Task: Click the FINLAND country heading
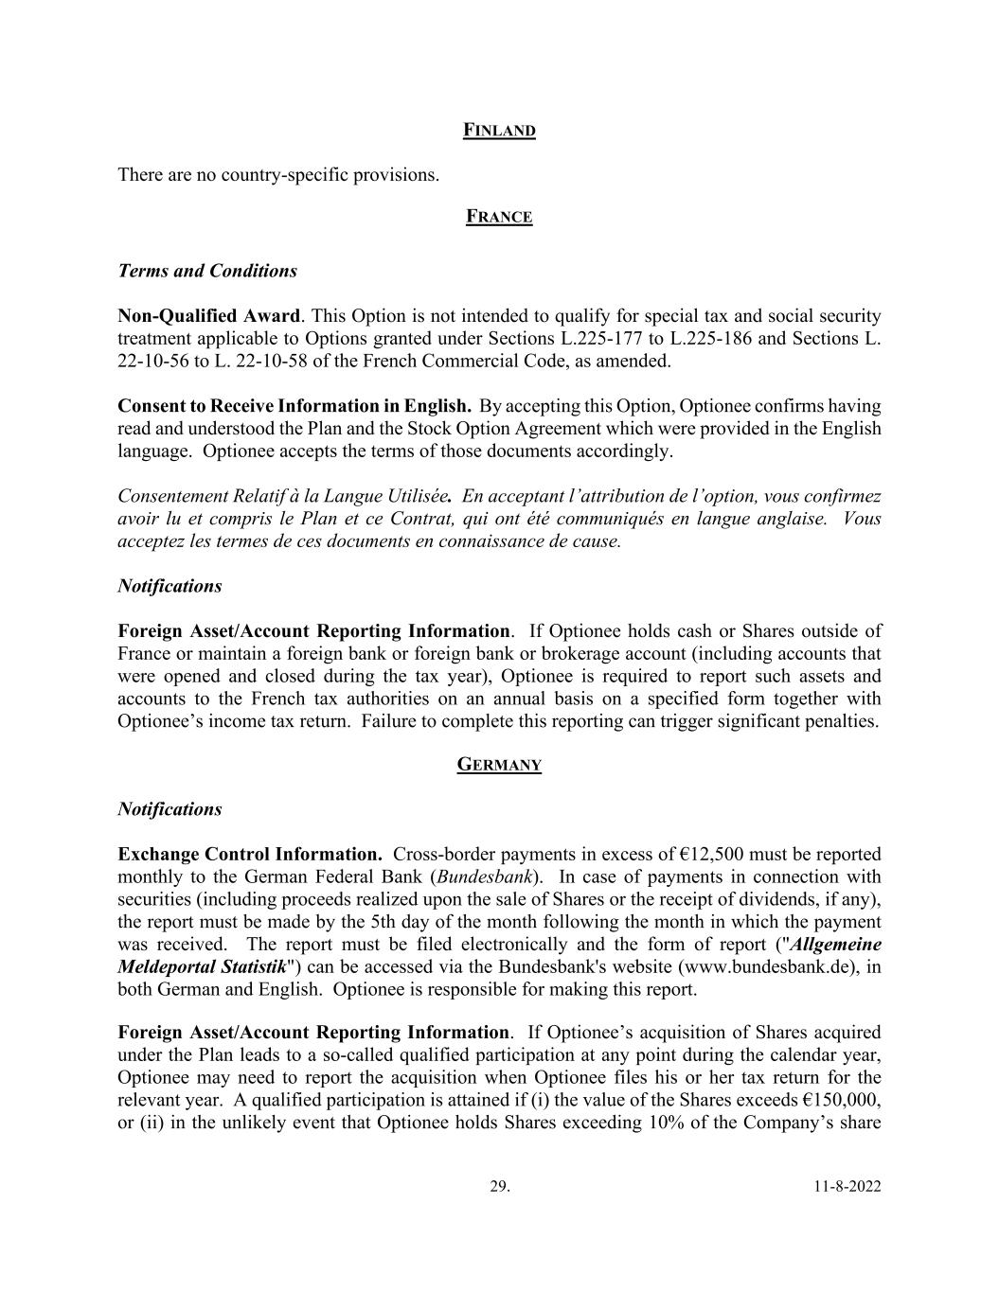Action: point(499,131)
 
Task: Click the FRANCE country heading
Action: point(499,218)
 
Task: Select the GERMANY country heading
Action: point(499,765)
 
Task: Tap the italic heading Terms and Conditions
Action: point(207,271)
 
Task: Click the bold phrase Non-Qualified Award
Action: point(208,316)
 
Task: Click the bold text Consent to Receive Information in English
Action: point(294,406)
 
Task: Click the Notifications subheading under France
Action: point(169,586)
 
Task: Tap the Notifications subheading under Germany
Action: point(169,809)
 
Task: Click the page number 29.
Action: point(499,1186)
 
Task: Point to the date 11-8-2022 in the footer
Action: point(847,1186)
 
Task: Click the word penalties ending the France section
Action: point(841,721)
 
